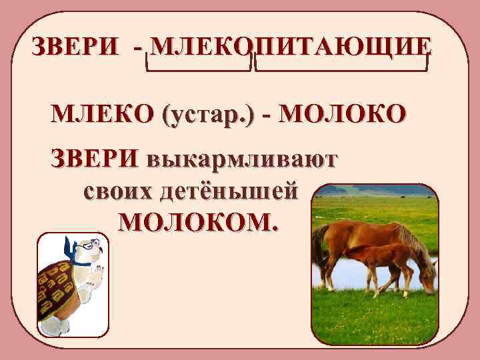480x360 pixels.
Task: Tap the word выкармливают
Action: [x=243, y=161]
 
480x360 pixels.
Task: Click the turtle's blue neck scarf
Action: [x=81, y=261]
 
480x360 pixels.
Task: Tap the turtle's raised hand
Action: [x=97, y=273]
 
